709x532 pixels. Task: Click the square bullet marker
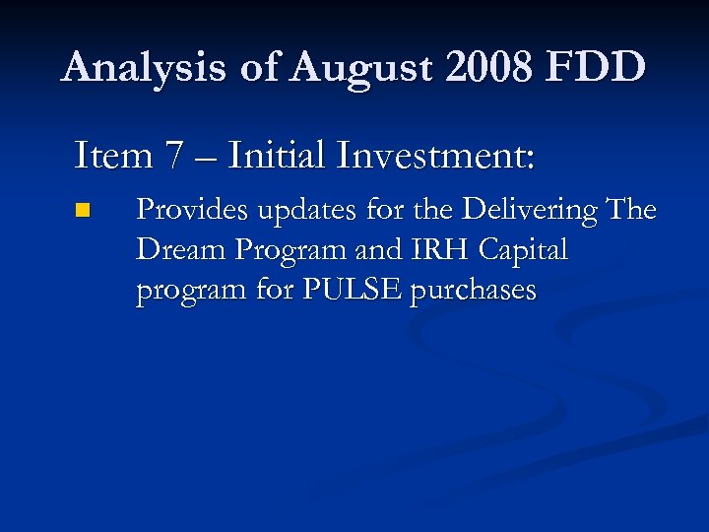click(83, 210)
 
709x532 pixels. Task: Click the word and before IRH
click(375, 250)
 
